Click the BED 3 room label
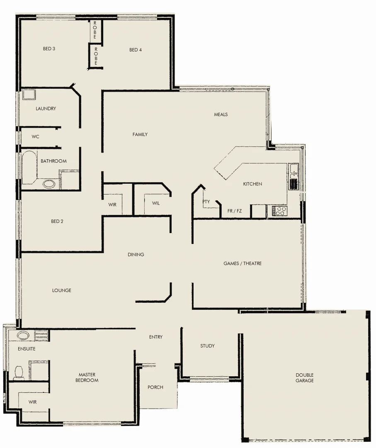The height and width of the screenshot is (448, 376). point(49,49)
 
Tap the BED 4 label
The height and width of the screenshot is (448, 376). point(136,50)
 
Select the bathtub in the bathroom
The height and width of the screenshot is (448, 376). point(29,168)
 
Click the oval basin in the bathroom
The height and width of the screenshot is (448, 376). point(49,183)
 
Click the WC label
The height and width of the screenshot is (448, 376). point(36,136)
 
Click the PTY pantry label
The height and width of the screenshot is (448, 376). point(206,202)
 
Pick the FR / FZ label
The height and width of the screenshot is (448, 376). point(235,211)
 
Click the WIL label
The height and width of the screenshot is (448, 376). point(156,203)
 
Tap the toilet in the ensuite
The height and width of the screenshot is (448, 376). point(18,373)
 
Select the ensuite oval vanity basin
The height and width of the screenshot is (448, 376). point(23,335)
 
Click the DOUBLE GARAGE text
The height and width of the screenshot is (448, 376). point(304,377)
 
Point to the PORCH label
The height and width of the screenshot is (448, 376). point(155,387)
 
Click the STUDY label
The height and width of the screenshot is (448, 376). point(207,346)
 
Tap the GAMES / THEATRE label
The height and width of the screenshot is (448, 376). point(243,263)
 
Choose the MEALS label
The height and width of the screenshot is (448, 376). point(221,114)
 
